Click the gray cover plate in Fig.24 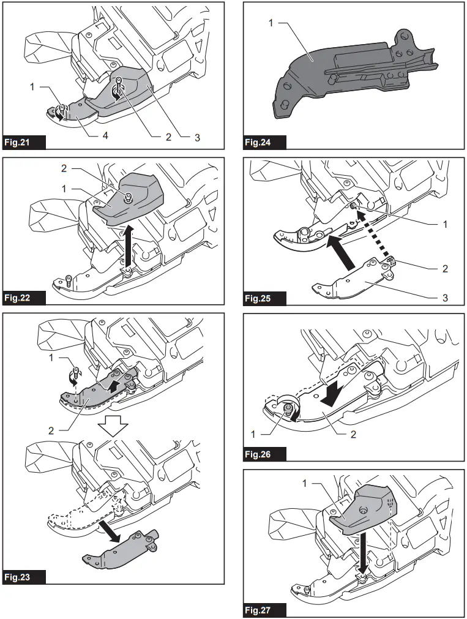point(331,80)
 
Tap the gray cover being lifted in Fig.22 point(129,199)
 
